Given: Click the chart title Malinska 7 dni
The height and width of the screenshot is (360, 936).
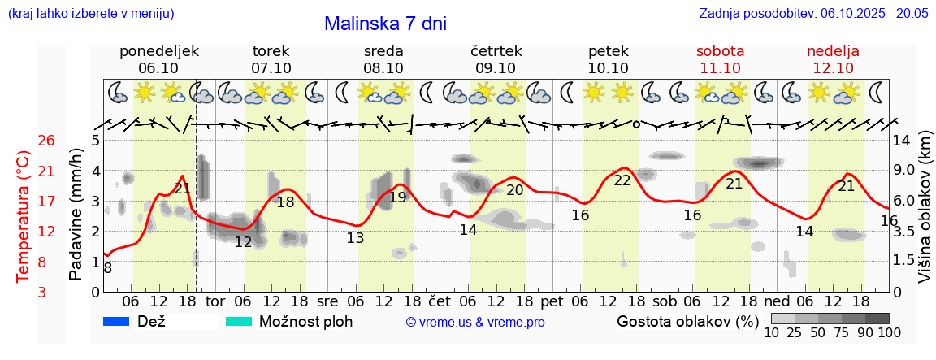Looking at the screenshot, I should tap(385, 24).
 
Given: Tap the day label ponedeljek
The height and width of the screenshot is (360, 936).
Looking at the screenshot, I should tap(158, 51).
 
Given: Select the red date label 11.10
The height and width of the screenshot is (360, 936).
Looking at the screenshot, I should tap(720, 68).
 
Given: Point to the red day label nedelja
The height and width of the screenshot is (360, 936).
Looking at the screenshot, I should tap(833, 51).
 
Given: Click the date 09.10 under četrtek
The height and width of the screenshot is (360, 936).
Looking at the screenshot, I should tap(496, 68).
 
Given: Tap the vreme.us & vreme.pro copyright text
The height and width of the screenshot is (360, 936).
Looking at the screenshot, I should tap(475, 323).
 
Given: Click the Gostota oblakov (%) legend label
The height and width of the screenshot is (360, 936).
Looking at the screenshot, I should tap(687, 321).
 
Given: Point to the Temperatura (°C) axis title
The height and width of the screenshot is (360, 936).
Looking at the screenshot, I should tap(24, 216).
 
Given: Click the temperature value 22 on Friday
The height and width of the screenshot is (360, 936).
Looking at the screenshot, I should tap(622, 180).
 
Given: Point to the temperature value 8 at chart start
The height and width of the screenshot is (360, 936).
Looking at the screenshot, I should tap(107, 267).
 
